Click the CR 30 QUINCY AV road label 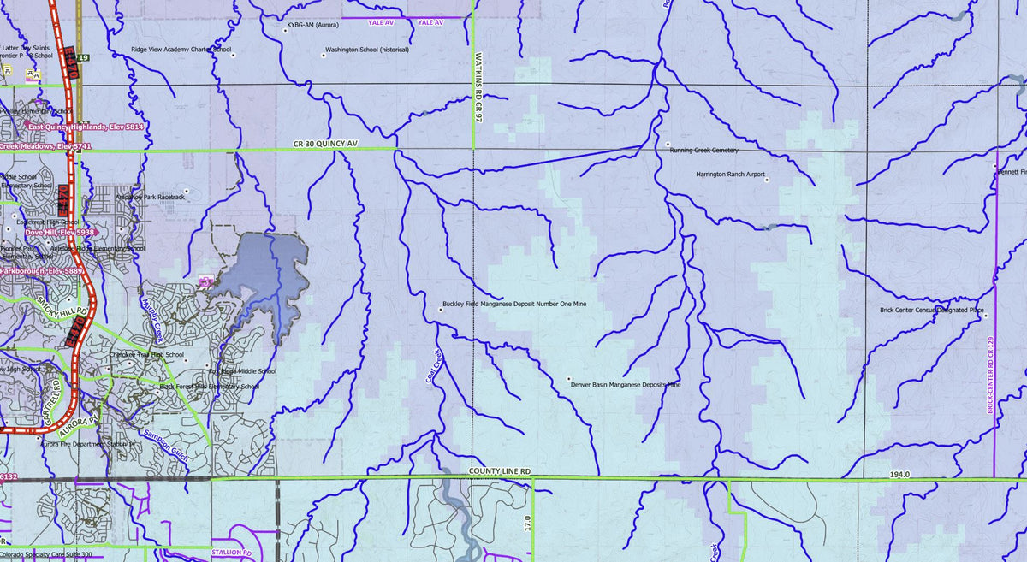(x=324, y=144)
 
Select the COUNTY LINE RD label (x=500, y=471)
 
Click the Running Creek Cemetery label (x=705, y=151)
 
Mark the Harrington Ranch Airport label (x=730, y=174)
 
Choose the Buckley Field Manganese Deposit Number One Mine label (x=514, y=304)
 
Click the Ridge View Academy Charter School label (x=181, y=50)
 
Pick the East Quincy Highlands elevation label (x=86, y=127)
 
